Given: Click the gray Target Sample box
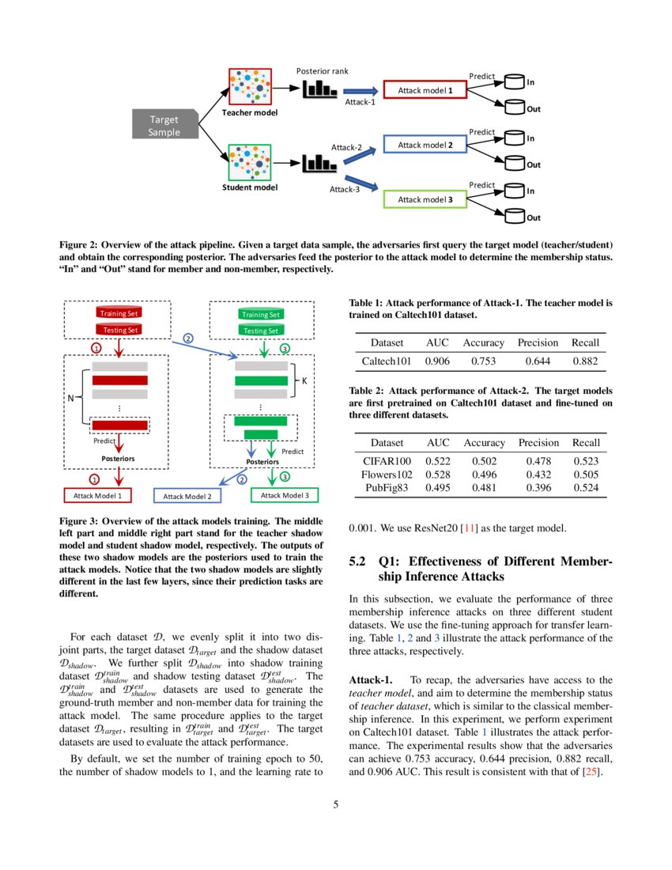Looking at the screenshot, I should (164, 126).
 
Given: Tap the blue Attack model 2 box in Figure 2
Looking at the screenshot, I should (425, 145).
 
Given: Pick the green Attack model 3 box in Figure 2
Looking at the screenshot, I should (425, 199).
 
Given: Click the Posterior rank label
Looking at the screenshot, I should (322, 71).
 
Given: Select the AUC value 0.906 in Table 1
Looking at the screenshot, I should (438, 361).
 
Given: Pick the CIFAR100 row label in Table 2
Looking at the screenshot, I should (387, 460).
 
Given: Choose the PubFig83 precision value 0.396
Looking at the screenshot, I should (538, 487).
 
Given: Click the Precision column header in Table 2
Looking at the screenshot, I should (538, 442).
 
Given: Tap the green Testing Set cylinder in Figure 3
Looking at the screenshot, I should (261, 331).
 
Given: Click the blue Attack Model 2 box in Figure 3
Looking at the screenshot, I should (187, 496).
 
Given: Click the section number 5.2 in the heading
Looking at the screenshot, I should (357, 563).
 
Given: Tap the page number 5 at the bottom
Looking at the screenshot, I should (336, 805).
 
